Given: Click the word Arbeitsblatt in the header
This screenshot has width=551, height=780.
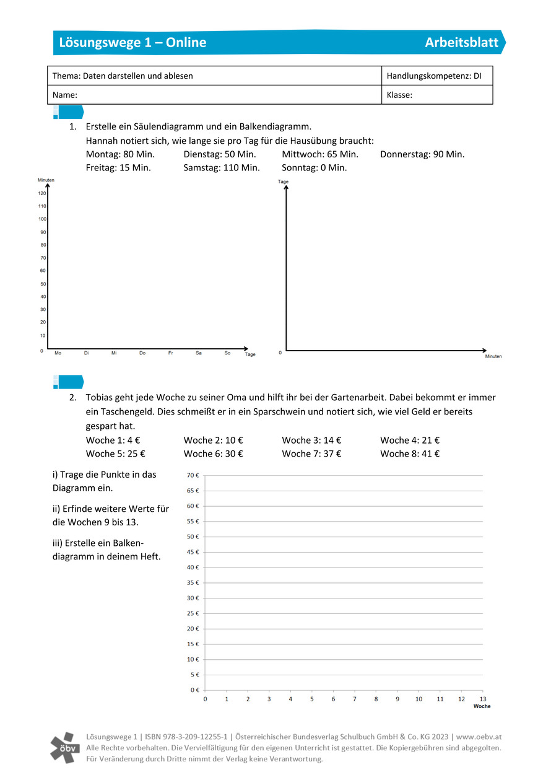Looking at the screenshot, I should [x=461, y=42].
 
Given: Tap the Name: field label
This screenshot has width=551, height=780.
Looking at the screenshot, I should [x=65, y=95].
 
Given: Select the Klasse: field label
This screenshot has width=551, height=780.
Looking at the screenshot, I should [x=399, y=95].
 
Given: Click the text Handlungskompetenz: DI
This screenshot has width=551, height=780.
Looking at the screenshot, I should [x=433, y=76].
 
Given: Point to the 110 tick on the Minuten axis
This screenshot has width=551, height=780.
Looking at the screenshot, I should [x=42, y=206].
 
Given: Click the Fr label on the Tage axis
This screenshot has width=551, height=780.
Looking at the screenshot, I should [x=170, y=353].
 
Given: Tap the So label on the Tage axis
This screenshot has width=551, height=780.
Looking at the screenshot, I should [x=227, y=353].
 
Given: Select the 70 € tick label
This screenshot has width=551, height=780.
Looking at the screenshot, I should [x=193, y=475].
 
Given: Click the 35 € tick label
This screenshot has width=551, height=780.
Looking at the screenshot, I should [x=193, y=582].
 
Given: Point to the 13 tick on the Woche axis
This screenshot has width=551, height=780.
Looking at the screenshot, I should [x=483, y=699].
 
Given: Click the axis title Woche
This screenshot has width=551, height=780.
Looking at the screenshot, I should [x=482, y=706].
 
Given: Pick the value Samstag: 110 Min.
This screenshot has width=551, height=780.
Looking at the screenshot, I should [x=221, y=167].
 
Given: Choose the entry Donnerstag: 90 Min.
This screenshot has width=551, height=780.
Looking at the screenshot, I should [x=422, y=154].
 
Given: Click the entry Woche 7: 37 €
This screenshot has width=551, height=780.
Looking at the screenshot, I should [x=311, y=454].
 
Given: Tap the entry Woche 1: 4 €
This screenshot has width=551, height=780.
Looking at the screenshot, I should [x=113, y=440].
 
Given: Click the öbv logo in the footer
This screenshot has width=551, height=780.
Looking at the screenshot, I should [x=65, y=747].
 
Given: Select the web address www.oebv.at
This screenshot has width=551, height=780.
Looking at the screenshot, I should [x=479, y=737].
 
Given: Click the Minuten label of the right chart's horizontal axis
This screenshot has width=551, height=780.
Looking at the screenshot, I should [x=493, y=356].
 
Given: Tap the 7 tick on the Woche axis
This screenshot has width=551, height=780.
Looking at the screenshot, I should [x=355, y=699].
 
